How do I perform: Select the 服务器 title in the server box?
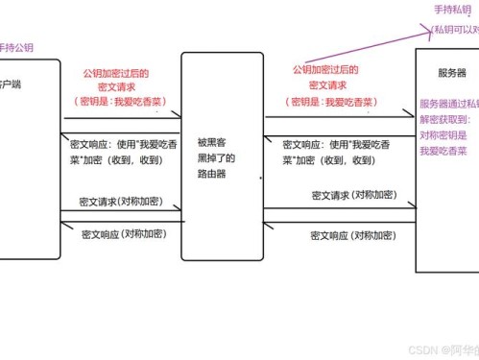[x=450, y=73]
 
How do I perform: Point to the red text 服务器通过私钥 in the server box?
[x=447, y=104]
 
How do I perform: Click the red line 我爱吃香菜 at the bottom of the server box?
[x=443, y=151]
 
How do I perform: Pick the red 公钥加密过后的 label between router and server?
[x=324, y=70]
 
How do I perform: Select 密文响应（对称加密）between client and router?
[x=122, y=234]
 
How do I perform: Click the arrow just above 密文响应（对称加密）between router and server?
[x=340, y=222]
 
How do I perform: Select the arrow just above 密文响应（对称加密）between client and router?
[x=121, y=223]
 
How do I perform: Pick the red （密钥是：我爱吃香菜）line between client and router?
[x=120, y=100]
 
